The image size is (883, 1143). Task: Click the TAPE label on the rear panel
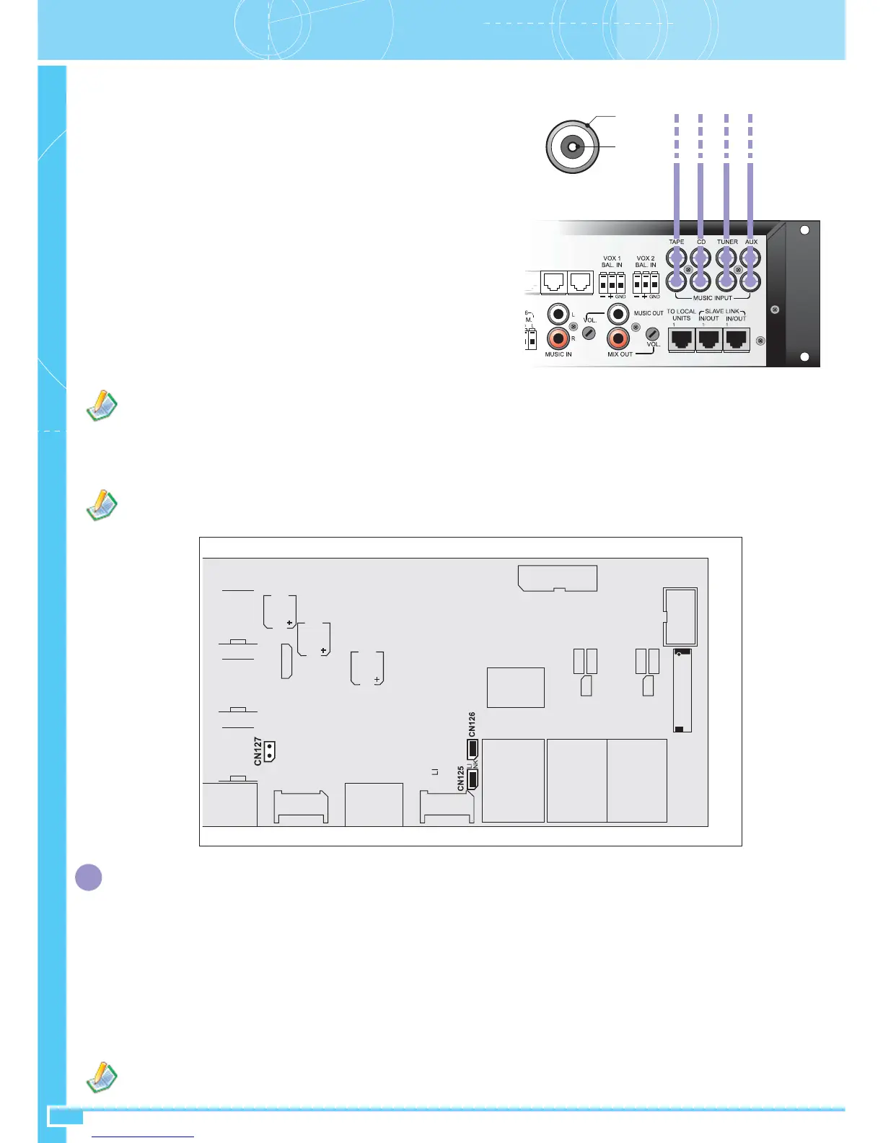[x=676, y=242]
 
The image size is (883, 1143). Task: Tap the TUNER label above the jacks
[x=727, y=242]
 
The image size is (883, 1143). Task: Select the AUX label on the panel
[x=751, y=242]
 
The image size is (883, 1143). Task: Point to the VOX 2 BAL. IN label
[x=646, y=261]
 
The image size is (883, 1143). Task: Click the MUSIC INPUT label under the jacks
[x=712, y=298]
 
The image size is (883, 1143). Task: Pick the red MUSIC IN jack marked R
[x=558, y=338]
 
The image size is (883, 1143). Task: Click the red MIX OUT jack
[x=618, y=338]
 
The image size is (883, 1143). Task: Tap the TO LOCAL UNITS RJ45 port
[x=682, y=339]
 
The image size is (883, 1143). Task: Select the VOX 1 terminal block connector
[x=612, y=282]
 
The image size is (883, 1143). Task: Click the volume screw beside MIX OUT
[x=652, y=333]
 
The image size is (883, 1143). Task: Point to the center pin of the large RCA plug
[x=571, y=148]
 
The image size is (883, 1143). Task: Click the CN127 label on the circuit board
[x=258, y=751]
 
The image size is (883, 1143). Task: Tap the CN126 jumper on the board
[x=473, y=748]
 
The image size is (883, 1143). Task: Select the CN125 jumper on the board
[x=473, y=779]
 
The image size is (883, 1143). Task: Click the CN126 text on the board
[x=473, y=724]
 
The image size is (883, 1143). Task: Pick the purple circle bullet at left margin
[x=89, y=877]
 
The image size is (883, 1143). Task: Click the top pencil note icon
[x=102, y=406]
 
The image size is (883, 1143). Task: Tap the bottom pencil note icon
[x=102, y=1077]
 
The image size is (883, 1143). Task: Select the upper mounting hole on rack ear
[x=805, y=230]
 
